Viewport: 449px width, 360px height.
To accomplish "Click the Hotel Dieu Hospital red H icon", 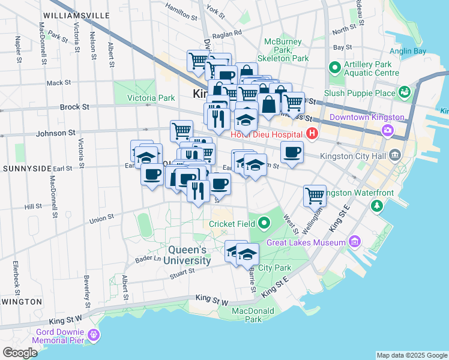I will tap(312, 133).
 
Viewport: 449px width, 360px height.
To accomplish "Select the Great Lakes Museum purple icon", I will tap(355, 242).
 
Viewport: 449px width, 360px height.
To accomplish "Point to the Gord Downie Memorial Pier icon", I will tap(94, 334).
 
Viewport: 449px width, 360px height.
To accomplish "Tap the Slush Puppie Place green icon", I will tap(405, 92).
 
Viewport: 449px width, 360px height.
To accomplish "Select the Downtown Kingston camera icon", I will tap(388, 130).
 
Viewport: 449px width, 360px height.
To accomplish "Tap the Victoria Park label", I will tap(151, 98).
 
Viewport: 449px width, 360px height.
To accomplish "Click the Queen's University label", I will tap(181, 255).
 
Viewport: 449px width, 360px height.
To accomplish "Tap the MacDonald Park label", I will tap(254, 315).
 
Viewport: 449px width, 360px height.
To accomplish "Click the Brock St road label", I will tap(74, 107).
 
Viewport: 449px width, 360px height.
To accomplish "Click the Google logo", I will tap(20, 353).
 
